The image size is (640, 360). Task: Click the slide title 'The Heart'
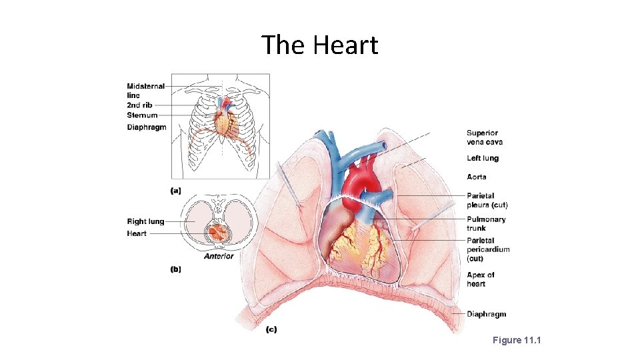[319, 45]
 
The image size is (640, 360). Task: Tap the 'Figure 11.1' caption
[517, 341]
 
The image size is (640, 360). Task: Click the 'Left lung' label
[483, 159]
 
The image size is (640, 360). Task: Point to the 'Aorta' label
[477, 177]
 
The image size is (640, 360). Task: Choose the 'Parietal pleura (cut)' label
[487, 200]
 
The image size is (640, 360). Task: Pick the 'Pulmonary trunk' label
[486, 223]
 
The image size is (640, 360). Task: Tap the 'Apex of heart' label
[481, 279]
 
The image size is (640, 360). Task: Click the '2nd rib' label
[139, 105]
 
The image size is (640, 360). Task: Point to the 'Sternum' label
[142, 115]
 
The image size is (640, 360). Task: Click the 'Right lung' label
[145, 222]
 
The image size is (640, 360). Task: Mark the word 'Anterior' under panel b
[219, 256]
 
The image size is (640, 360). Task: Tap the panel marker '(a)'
[176, 190]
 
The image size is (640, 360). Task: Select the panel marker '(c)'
[271, 329]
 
